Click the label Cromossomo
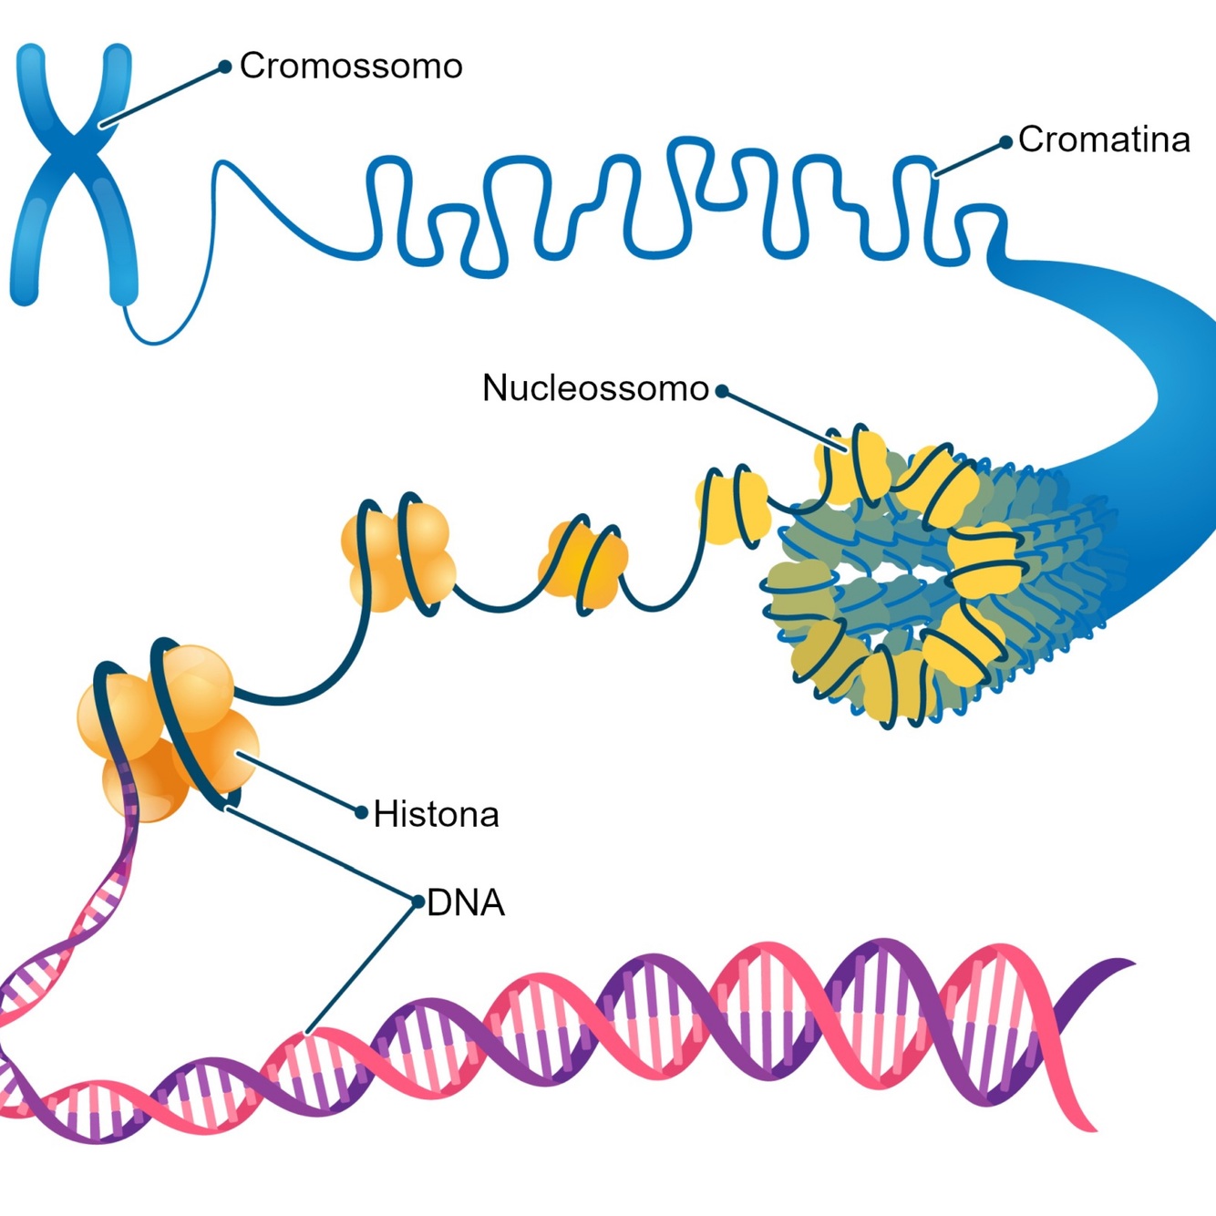tap(351, 67)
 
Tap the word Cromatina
tap(1104, 139)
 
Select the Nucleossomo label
tap(595, 388)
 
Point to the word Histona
tap(436, 814)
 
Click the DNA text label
tap(465, 902)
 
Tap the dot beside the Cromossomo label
tap(224, 67)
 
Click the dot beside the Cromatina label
tap(1005, 142)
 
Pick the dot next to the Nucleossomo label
tap(722, 391)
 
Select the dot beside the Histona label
tap(361, 811)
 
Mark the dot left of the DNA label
tap(418, 902)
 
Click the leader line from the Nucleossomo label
tap(784, 421)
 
